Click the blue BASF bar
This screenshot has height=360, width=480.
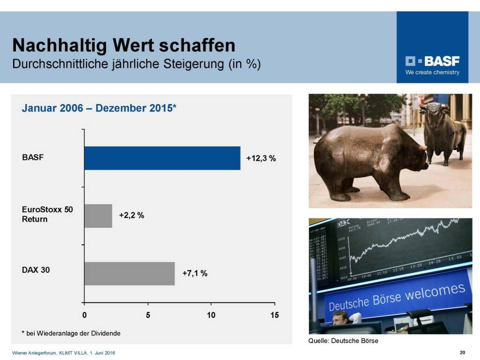pyautogui.click(x=162, y=158)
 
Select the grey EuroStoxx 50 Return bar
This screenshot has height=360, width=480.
pyautogui.click(x=98, y=216)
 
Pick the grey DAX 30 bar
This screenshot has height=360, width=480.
pyautogui.click(x=129, y=273)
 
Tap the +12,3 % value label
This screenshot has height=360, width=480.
pyautogui.click(x=261, y=158)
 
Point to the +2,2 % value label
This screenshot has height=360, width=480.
pyautogui.click(x=131, y=216)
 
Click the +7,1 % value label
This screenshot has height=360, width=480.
pyautogui.click(x=195, y=273)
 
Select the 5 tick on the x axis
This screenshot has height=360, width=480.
pyautogui.click(x=148, y=315)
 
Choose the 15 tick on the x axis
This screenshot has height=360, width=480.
pyautogui.click(x=274, y=315)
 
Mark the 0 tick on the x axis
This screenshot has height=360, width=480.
pyautogui.click(x=84, y=315)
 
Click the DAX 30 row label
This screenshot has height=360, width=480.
pyautogui.click(x=36, y=270)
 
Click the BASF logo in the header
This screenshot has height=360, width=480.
pyautogui.click(x=432, y=61)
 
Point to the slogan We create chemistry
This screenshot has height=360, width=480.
pyautogui.click(x=432, y=73)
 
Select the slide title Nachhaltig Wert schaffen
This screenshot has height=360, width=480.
pyautogui.click(x=124, y=45)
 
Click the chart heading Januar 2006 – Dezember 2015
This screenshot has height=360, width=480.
pyautogui.click(x=99, y=108)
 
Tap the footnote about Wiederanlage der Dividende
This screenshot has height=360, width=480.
pyautogui.click(x=71, y=333)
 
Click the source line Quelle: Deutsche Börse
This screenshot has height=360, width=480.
pyautogui.click(x=343, y=341)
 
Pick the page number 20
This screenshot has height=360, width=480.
pyautogui.click(x=462, y=352)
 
